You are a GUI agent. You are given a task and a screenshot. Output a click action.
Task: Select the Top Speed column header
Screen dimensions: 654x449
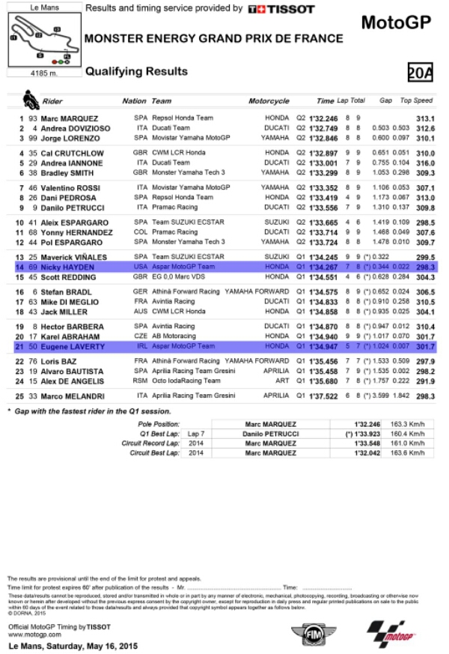pos(417,100)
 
